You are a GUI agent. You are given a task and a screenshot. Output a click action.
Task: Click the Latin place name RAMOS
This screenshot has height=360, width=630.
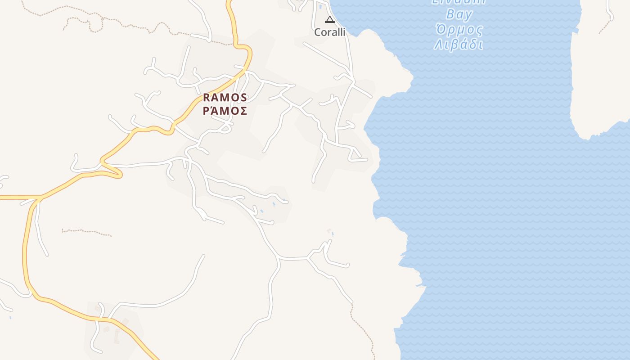tap(225, 98)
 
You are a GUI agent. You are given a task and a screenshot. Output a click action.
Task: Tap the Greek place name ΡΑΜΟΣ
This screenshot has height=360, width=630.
tap(225, 111)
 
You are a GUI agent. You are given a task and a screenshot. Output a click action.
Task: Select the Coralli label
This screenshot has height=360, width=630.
tap(330, 32)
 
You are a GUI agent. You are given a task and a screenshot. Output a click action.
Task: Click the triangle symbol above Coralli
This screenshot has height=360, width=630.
tap(330, 19)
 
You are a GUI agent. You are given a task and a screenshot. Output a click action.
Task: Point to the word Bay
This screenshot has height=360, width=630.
tap(459, 15)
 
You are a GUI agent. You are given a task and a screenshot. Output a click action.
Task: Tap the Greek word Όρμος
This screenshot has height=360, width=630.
tap(459, 31)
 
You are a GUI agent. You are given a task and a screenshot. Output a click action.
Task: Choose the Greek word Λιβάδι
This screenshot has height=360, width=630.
tap(459, 45)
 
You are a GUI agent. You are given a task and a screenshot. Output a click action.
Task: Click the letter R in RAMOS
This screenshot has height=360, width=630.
tap(207, 98)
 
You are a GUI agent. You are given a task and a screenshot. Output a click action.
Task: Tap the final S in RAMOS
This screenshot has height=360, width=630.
tap(243, 98)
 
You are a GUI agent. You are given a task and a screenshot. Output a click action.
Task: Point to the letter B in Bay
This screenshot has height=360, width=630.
tap(450, 14)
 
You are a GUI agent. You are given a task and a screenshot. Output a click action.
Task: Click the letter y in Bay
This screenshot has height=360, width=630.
tap(468, 16)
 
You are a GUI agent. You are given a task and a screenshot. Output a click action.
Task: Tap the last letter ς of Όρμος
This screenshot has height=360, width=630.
tap(480, 31)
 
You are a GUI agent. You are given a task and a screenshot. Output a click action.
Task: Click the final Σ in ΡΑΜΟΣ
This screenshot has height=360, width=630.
tap(243, 111)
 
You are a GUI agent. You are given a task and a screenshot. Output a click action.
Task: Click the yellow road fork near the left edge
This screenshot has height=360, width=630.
tap(40, 198)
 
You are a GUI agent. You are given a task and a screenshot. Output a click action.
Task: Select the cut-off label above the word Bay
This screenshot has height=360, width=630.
tap(459, 2)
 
